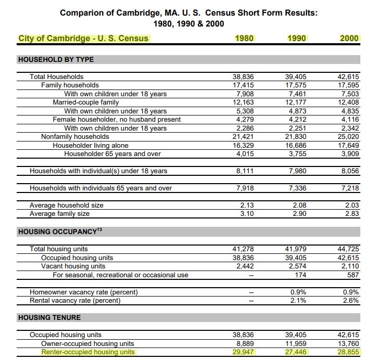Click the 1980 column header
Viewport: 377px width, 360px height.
tap(244, 38)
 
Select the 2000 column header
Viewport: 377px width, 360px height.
tap(349, 38)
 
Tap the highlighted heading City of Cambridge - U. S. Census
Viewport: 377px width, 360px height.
tap(83, 38)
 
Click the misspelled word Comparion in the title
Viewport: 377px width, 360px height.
tap(80, 12)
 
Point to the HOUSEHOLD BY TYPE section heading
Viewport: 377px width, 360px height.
tap(56, 59)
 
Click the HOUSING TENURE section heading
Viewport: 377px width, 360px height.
tap(49, 317)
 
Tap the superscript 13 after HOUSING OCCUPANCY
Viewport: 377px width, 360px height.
tap(99, 229)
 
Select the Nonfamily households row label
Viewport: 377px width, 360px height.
tap(75, 137)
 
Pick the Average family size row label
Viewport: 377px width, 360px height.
tap(59, 213)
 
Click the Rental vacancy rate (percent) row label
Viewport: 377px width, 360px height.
tap(75, 300)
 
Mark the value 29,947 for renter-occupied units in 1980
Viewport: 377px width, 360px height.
tap(243, 352)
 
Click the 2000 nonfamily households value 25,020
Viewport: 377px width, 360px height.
tap(348, 137)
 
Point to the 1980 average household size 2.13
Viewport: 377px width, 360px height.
tap(246, 205)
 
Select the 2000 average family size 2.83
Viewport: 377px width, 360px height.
tap(352, 213)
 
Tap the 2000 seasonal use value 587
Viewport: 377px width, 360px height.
tap(353, 275)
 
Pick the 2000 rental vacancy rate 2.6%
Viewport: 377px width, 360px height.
tap(351, 300)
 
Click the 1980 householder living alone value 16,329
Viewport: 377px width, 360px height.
tap(243, 146)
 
